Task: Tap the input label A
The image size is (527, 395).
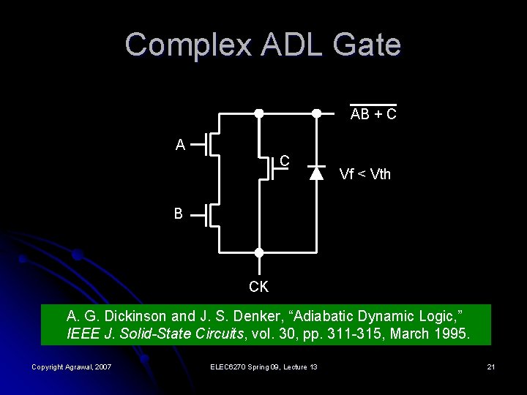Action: pos(180,145)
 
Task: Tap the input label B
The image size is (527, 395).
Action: pos(179,214)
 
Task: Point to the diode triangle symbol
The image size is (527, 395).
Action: pos(316,173)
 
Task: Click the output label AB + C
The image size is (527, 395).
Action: pos(373,115)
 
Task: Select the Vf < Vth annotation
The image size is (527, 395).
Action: pos(365,175)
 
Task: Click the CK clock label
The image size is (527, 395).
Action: pos(258,287)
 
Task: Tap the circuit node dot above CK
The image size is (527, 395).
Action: pos(258,252)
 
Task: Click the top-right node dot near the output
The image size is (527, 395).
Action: pos(316,113)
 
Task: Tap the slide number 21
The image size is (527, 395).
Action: pos(490,366)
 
